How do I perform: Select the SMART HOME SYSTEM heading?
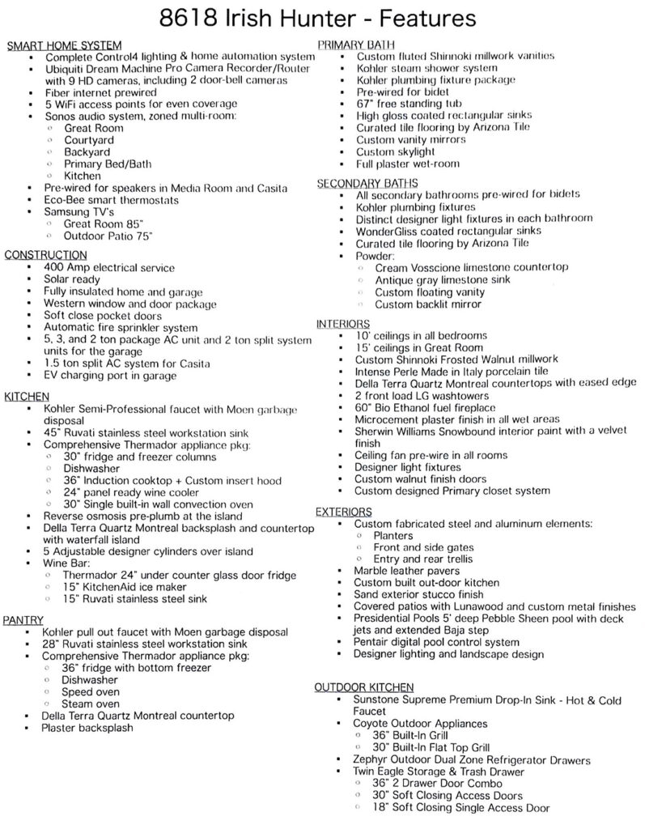(x=64, y=46)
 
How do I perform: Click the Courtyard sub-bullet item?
(x=89, y=140)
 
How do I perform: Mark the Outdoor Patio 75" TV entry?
(x=108, y=235)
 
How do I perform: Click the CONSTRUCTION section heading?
(x=46, y=256)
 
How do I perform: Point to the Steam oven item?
(x=91, y=704)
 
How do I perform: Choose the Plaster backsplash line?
(x=87, y=727)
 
